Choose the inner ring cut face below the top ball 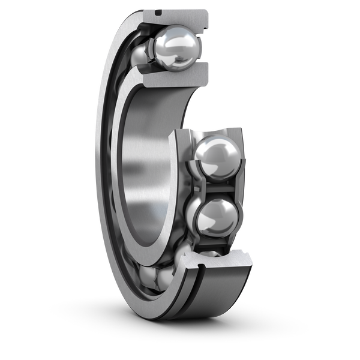tap(173, 76)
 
